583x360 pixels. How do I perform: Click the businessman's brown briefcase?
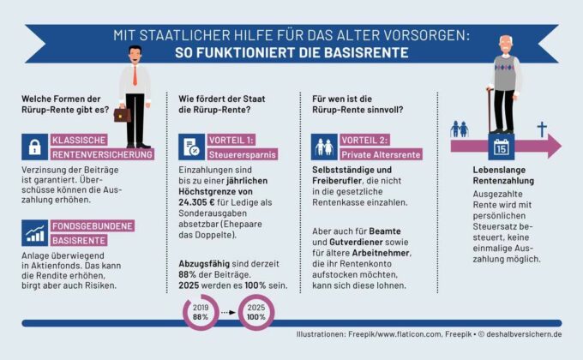[x=123, y=113]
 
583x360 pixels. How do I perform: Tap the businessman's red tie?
[x=135, y=75]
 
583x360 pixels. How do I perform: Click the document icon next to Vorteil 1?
[x=190, y=147]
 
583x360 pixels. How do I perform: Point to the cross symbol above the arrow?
[x=541, y=129]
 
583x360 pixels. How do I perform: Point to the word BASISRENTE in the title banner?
[x=366, y=52]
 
